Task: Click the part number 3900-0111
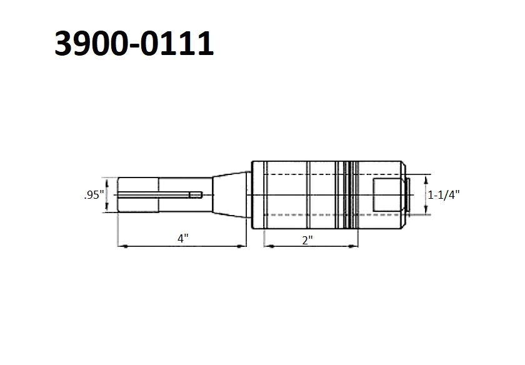tap(134, 43)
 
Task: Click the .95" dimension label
tap(94, 195)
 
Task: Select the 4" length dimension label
tap(182, 238)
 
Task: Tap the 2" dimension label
tap(307, 240)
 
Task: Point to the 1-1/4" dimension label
tap(444, 194)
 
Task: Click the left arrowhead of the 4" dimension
tap(123, 246)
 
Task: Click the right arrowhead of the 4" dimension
tap(241, 246)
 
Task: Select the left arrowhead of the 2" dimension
tap(269, 246)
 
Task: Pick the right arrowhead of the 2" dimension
tap(353, 246)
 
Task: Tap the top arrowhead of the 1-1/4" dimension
tap(426, 180)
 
